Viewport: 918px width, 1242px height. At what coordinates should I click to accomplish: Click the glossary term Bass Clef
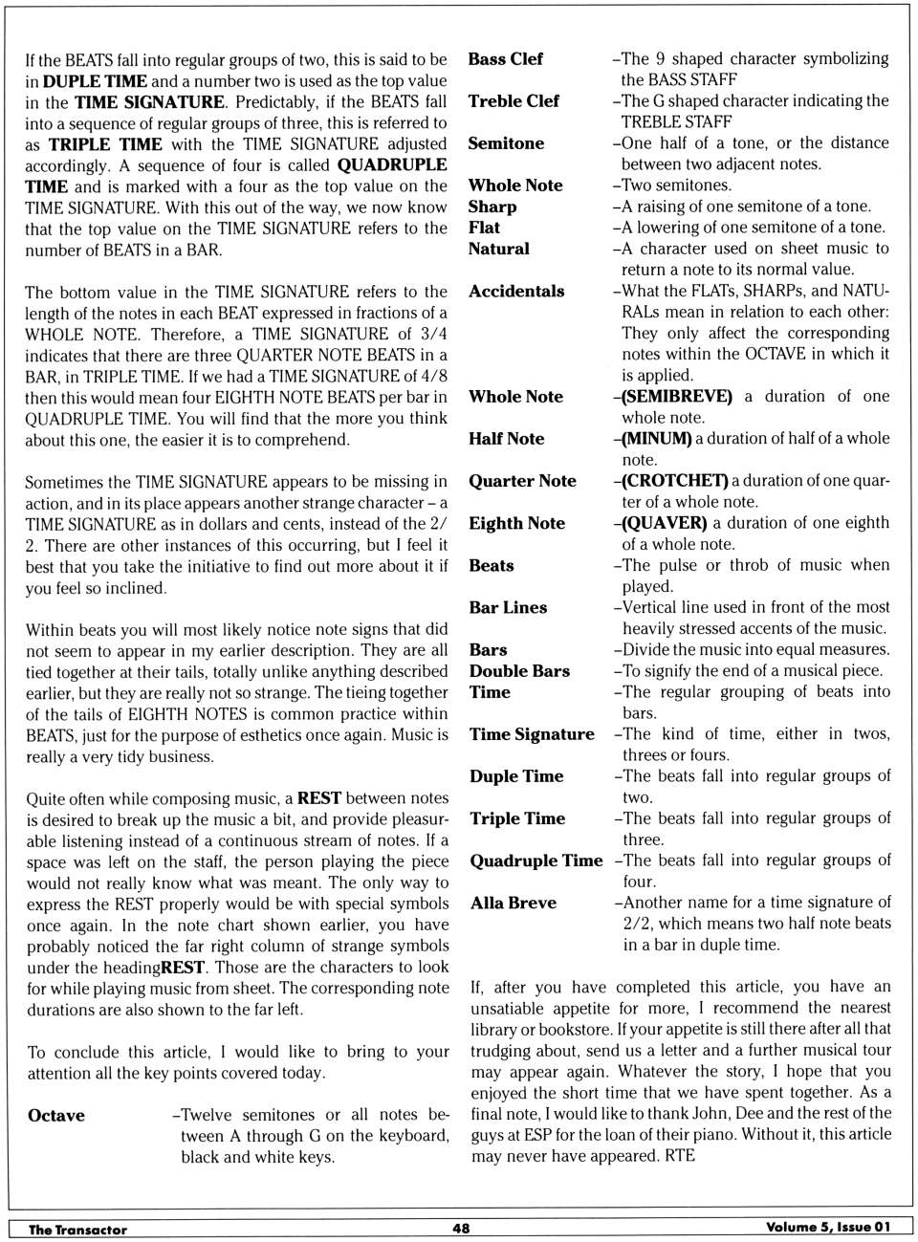click(505, 59)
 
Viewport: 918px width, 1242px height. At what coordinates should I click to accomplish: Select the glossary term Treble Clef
click(514, 101)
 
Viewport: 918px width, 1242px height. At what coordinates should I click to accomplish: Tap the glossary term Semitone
click(506, 143)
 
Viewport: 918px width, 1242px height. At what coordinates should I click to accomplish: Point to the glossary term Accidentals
click(516, 292)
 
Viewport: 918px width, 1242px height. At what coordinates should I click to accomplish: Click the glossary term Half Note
click(506, 439)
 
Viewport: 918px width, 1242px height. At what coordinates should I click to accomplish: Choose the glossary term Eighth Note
click(516, 523)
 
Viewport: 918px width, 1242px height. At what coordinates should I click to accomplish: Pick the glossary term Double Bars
click(519, 671)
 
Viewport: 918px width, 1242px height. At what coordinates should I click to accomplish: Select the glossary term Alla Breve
click(513, 903)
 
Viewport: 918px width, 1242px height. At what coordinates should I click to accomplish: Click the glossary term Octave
click(56, 1116)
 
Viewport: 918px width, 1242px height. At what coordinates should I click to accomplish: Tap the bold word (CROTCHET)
click(674, 481)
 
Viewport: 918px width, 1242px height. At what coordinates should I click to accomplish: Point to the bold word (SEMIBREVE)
click(677, 397)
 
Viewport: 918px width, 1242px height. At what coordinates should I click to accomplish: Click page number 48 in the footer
click(461, 1229)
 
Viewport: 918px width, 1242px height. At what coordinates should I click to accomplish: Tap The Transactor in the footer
click(77, 1230)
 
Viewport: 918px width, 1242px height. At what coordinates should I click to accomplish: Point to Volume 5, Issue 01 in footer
click(828, 1228)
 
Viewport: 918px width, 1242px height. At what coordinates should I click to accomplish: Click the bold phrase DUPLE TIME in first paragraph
click(95, 81)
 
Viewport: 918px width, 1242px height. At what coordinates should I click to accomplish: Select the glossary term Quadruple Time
click(535, 861)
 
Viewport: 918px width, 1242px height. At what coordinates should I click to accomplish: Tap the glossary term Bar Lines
click(508, 608)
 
